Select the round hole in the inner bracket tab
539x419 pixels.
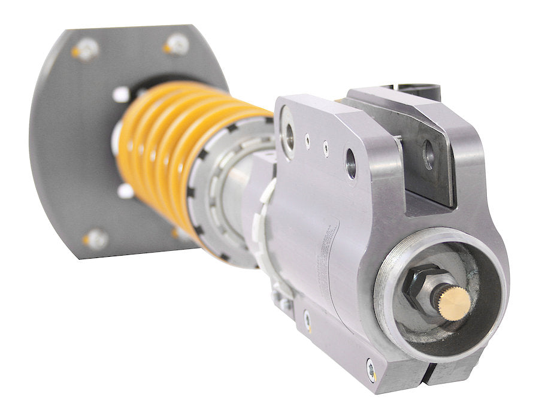tap(428, 154)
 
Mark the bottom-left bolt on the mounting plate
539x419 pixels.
tap(96, 239)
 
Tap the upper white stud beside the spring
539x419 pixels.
tap(122, 94)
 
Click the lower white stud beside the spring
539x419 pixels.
tap(125, 191)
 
